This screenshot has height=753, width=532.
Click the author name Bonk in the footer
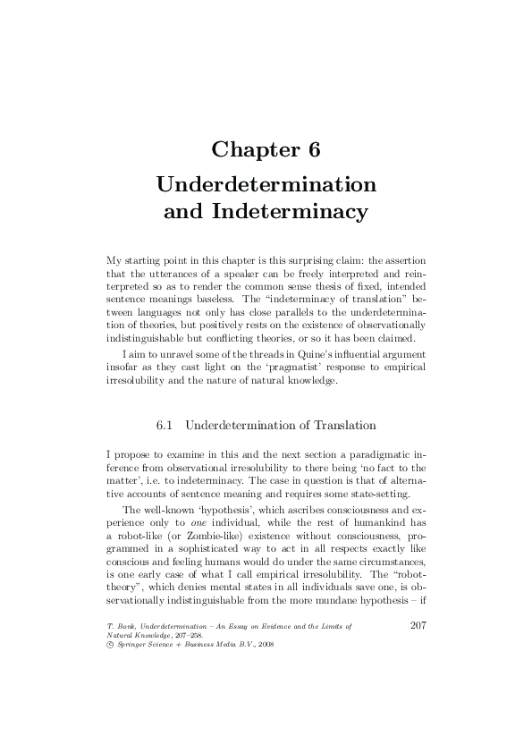point(129,628)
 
